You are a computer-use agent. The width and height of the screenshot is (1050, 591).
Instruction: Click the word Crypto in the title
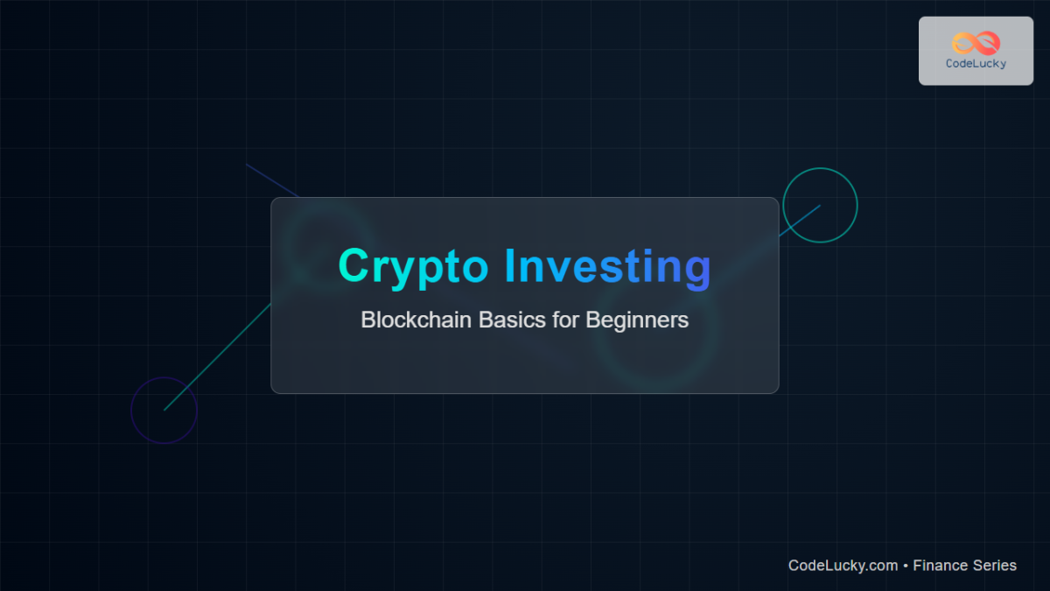click(415, 267)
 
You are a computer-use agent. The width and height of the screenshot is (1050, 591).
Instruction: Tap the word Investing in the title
click(608, 267)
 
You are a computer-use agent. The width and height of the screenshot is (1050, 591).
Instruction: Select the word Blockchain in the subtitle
click(416, 320)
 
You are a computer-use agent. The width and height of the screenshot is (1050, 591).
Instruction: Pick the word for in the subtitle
click(564, 320)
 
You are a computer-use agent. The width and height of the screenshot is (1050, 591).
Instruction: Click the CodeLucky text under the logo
click(976, 63)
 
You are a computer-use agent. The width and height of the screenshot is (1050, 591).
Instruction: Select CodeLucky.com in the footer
click(843, 566)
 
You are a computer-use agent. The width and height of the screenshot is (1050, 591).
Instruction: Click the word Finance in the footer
click(942, 566)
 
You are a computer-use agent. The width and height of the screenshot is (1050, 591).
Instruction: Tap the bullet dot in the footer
click(906, 566)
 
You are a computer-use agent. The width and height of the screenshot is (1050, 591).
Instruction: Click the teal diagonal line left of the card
click(219, 355)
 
